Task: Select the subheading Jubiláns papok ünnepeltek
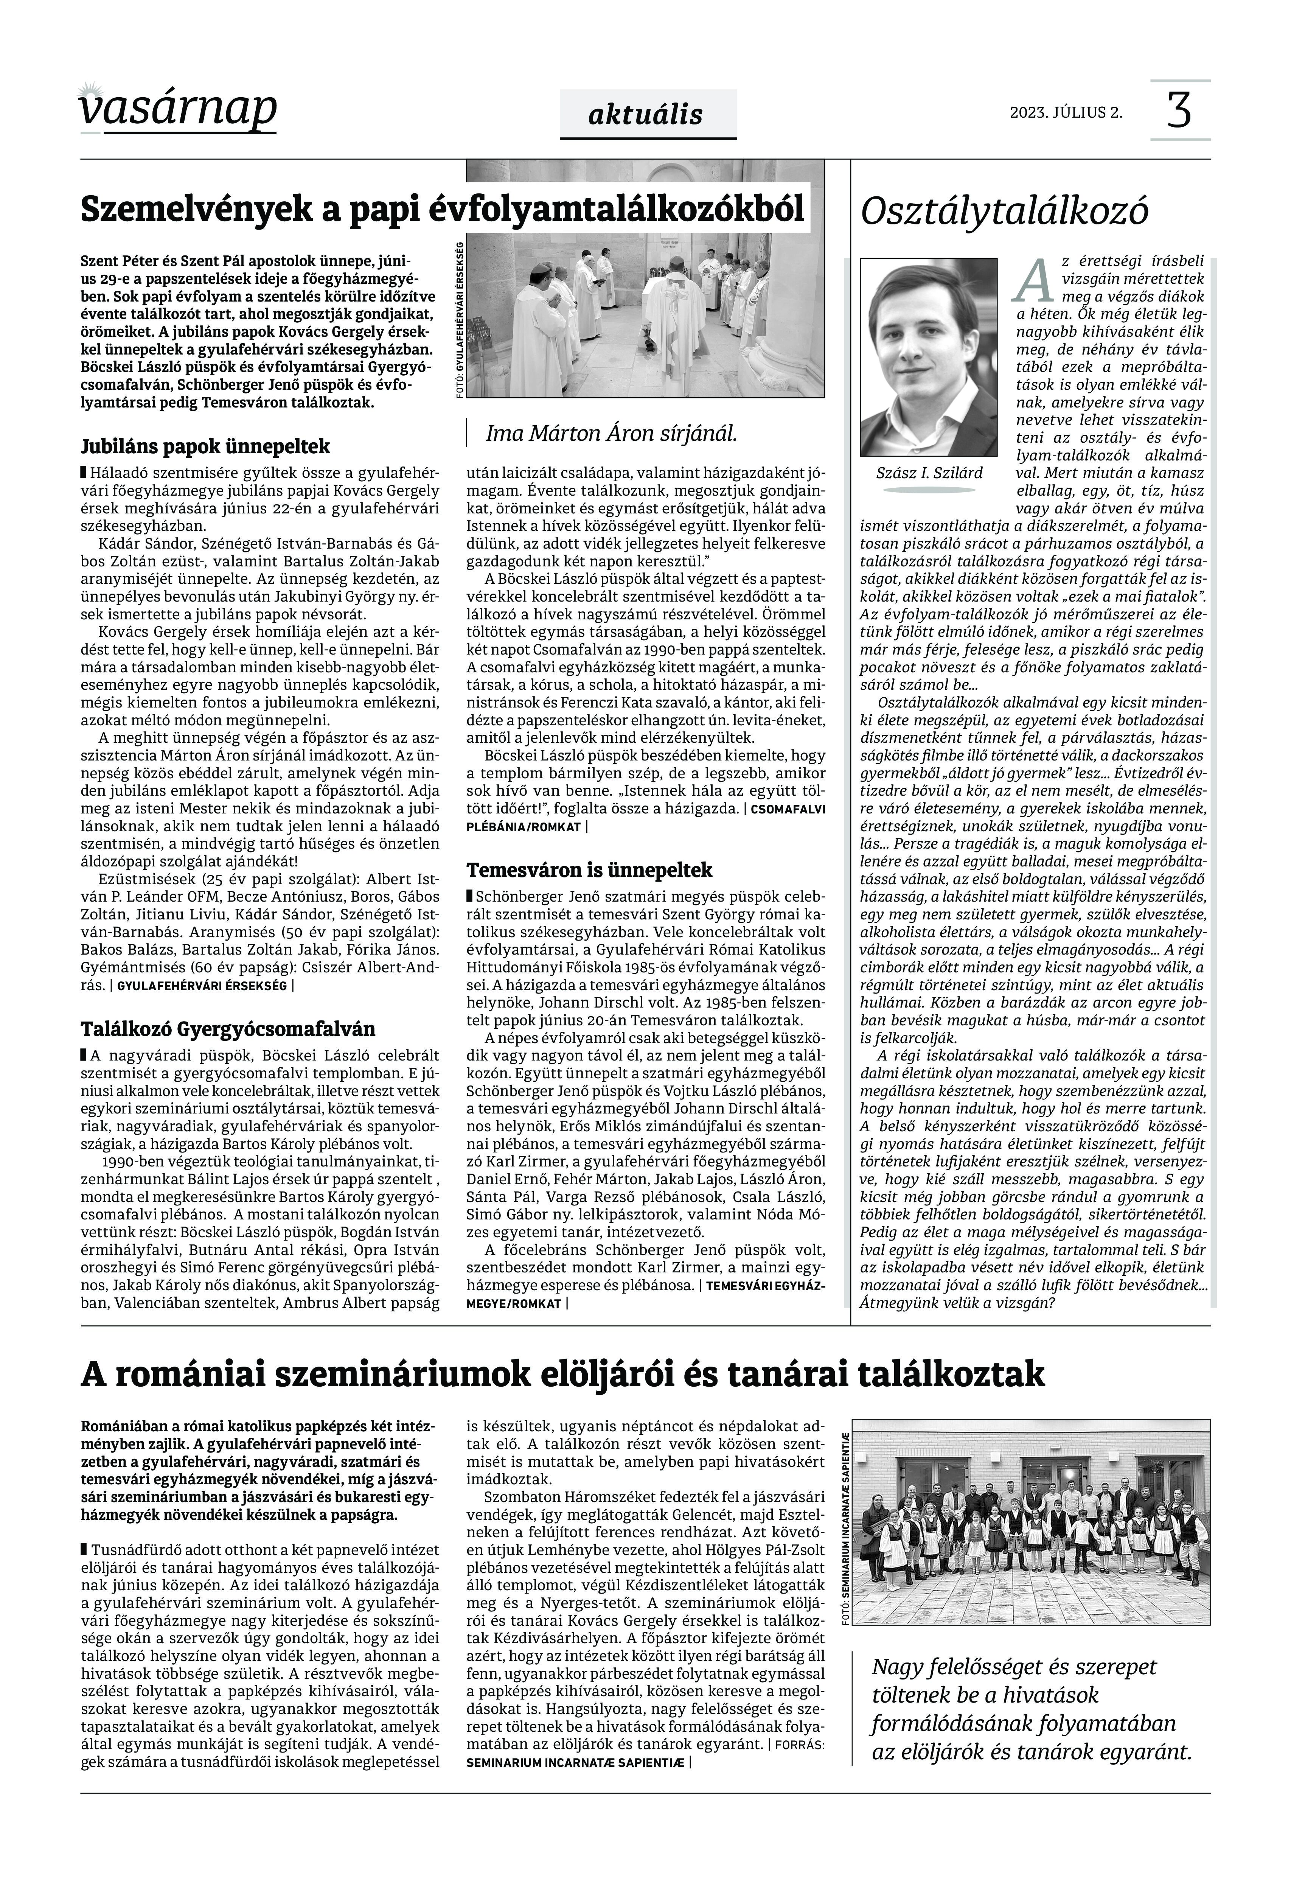coord(205,446)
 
